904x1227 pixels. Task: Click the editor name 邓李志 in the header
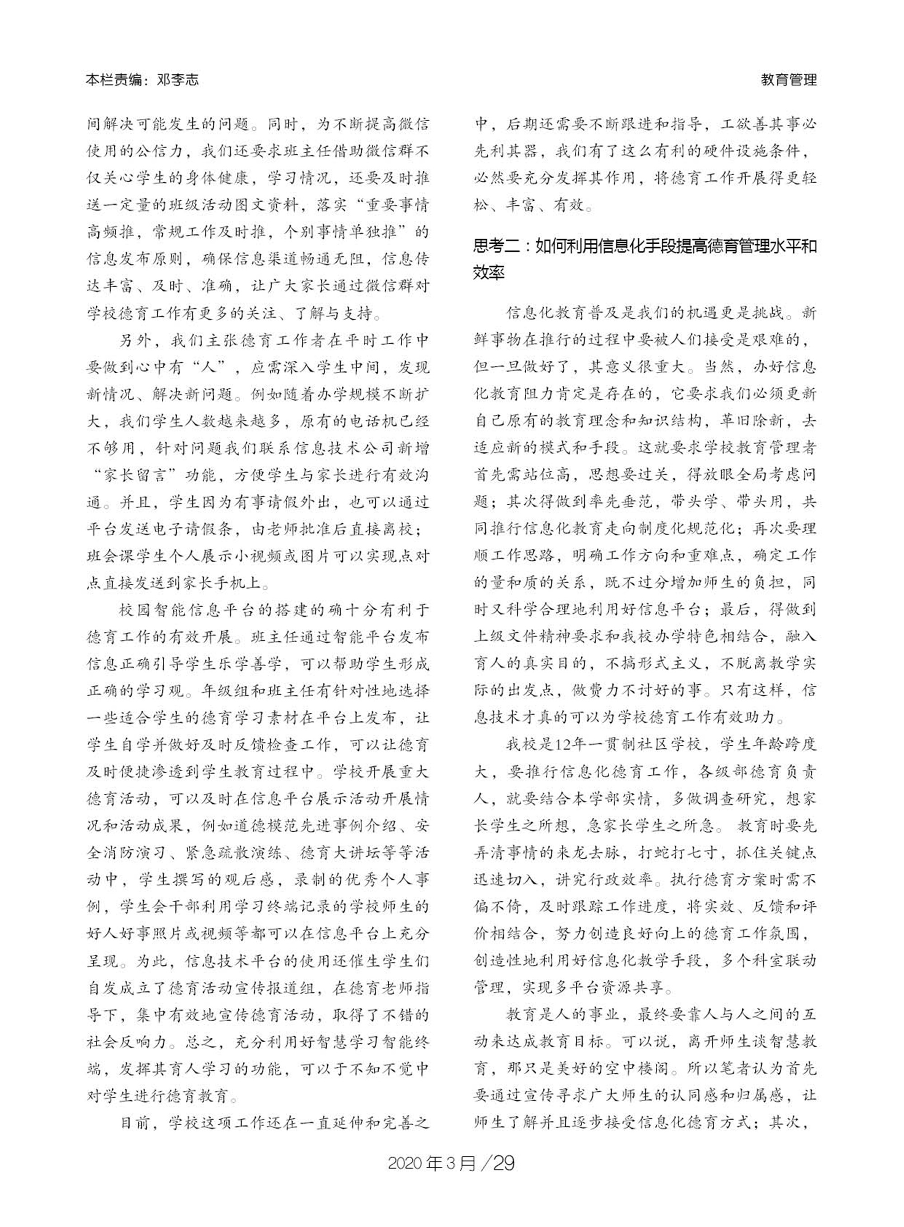point(177,80)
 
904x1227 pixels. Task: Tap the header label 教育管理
point(789,80)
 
